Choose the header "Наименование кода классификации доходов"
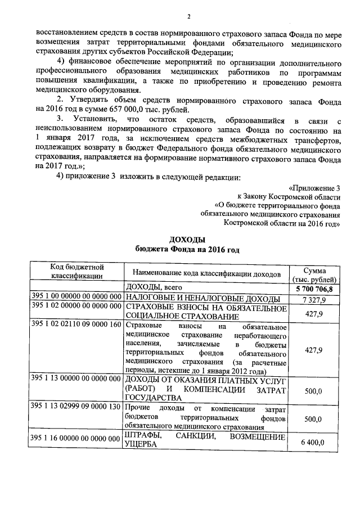[206, 274]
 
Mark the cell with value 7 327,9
[313, 299]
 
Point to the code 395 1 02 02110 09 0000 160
[77, 326]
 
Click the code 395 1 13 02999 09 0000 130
[77, 407]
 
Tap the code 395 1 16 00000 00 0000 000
[77, 438]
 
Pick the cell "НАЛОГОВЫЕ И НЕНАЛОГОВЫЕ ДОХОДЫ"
[202, 298]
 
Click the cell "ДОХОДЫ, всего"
[151, 288]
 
